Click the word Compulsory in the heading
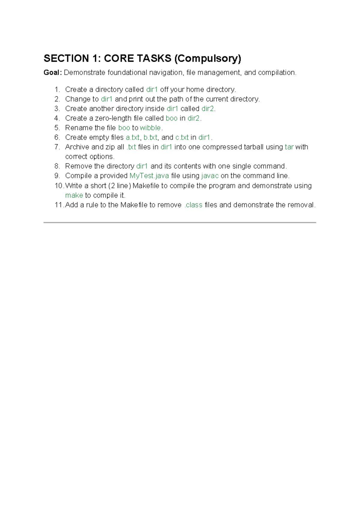(208, 58)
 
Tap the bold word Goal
(52, 73)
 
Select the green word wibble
(151, 128)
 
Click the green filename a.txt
(133, 137)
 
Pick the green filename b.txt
(150, 137)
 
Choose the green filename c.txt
(182, 137)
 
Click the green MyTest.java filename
(149, 176)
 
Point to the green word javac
(210, 176)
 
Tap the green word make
(74, 195)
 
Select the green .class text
(193, 205)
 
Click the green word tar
(289, 147)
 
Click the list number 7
(57, 147)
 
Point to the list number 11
(58, 205)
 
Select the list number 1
(57, 89)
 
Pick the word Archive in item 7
(77, 147)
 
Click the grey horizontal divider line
(180, 222)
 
